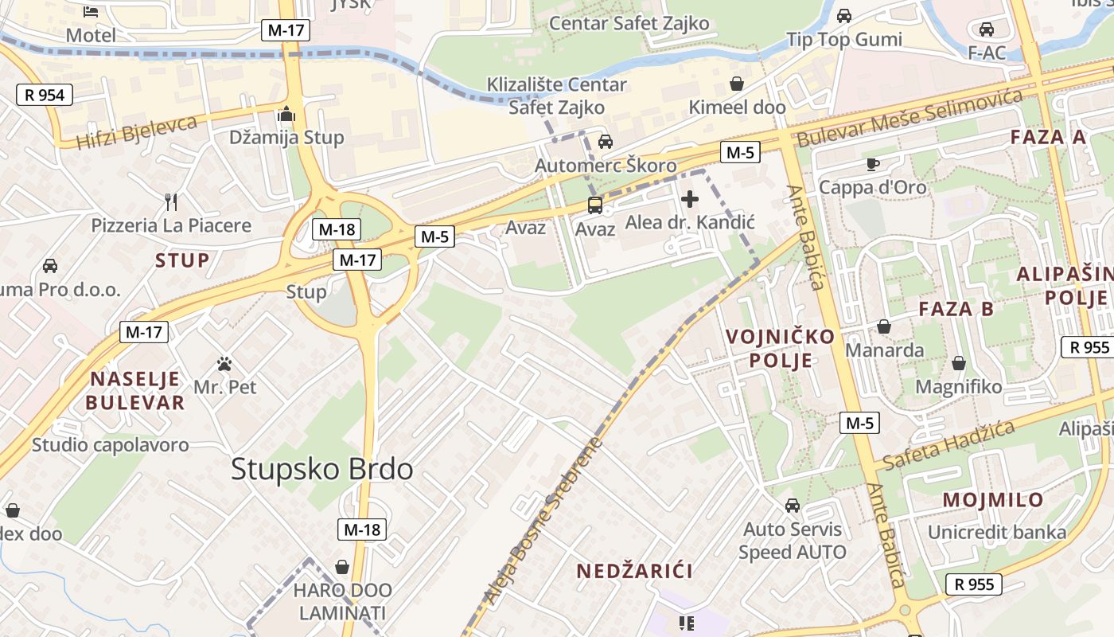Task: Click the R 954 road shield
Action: [x=45, y=96]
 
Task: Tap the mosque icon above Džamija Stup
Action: [x=286, y=115]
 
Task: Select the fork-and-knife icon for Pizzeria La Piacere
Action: [x=170, y=201]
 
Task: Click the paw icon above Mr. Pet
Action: [x=225, y=365]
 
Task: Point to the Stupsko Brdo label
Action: [x=322, y=469]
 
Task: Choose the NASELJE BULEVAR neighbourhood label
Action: [x=135, y=390]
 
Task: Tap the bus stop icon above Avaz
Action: [x=595, y=205]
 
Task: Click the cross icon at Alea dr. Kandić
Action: [x=690, y=199]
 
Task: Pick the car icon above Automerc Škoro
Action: [x=606, y=142]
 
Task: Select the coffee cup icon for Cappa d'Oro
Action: [x=873, y=164]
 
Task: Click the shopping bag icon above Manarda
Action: [x=884, y=326]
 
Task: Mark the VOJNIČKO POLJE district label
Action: [x=780, y=348]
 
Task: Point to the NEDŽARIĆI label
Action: [x=634, y=571]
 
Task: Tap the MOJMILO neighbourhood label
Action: [x=993, y=500]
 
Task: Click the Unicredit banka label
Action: [x=997, y=532]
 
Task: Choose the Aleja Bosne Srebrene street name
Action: [x=544, y=522]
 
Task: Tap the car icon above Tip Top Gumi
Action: [x=844, y=15]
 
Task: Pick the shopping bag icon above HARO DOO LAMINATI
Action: [x=342, y=567]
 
